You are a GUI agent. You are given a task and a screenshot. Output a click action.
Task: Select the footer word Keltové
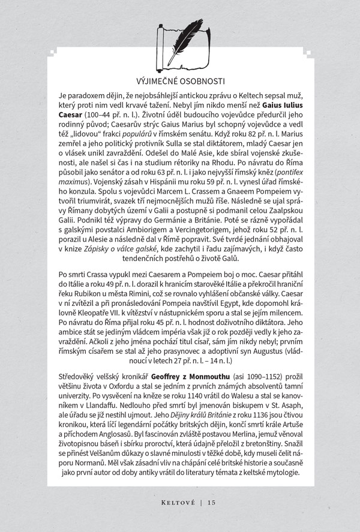tap(167, 503)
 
